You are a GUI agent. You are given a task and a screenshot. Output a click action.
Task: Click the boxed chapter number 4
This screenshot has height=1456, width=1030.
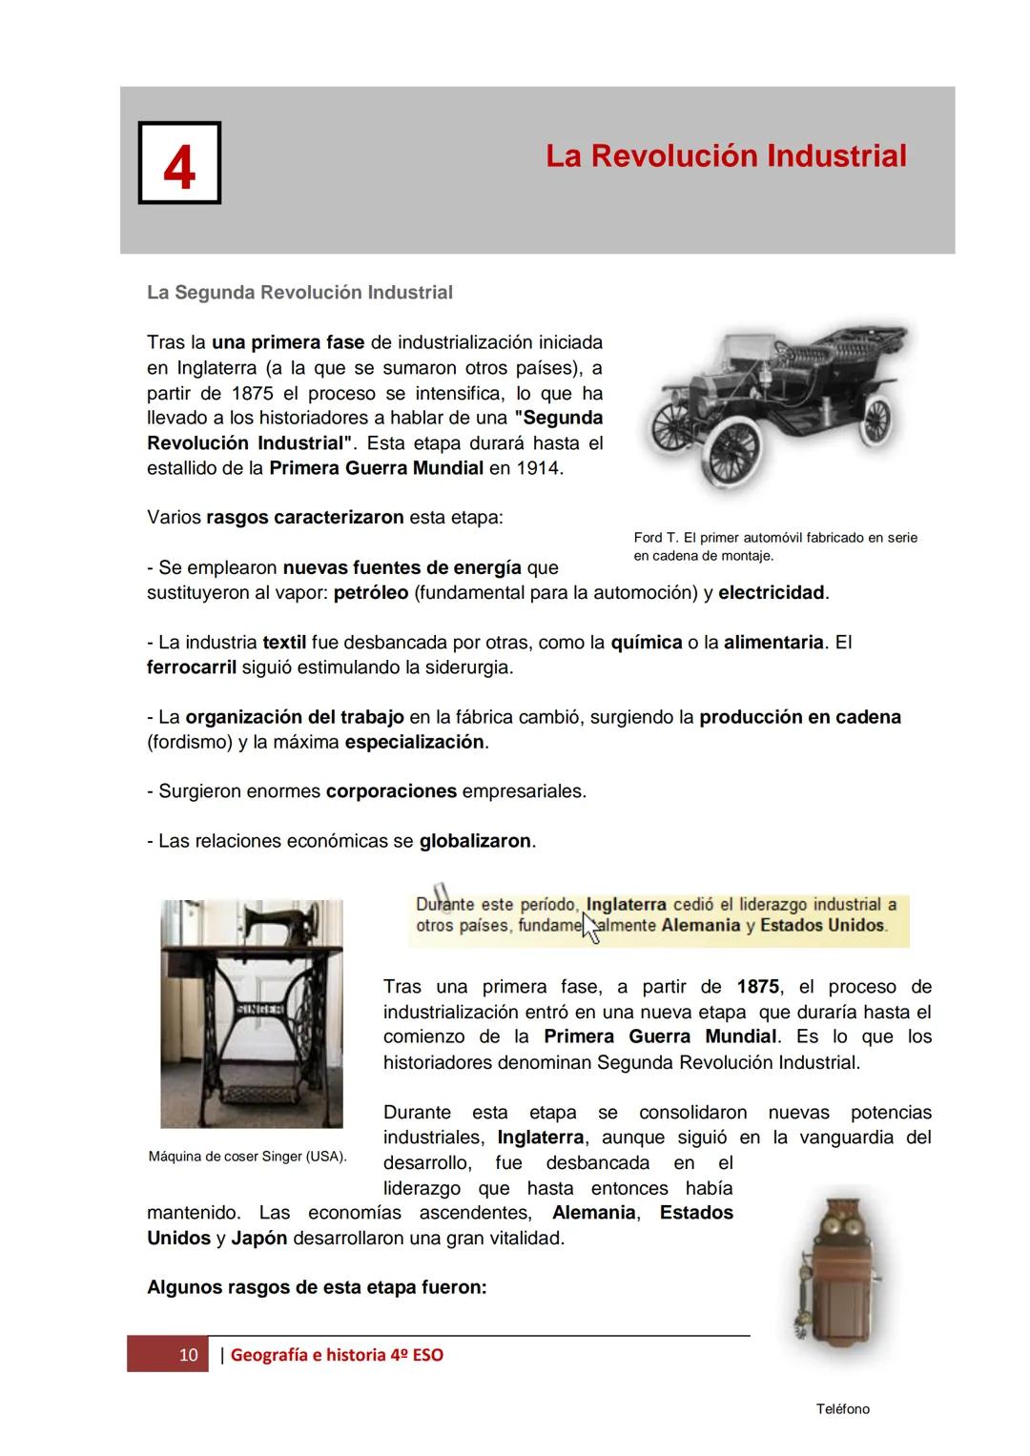(x=179, y=163)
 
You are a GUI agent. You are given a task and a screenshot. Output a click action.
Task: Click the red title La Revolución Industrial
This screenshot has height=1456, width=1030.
(x=726, y=155)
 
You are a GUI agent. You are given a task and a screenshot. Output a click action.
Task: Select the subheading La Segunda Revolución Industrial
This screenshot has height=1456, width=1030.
(x=299, y=293)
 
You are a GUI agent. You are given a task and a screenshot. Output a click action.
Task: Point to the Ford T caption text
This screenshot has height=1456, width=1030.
(x=774, y=546)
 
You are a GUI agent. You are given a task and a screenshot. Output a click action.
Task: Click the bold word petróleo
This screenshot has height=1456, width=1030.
(x=371, y=593)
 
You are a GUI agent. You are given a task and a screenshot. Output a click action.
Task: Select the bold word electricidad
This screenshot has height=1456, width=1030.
(x=772, y=593)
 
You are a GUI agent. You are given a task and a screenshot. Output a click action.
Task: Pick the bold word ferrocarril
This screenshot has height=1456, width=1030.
(x=191, y=667)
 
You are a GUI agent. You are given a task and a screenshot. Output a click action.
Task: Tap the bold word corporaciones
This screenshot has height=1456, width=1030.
(x=391, y=791)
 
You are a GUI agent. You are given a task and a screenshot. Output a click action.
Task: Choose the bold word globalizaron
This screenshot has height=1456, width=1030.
(x=475, y=841)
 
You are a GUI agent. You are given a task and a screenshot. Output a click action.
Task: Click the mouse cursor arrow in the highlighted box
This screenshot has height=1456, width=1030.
(x=589, y=927)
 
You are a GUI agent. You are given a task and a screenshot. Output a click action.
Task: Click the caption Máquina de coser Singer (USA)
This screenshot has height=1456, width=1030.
(x=247, y=1157)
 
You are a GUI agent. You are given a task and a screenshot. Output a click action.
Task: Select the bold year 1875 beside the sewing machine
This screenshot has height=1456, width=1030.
(x=757, y=987)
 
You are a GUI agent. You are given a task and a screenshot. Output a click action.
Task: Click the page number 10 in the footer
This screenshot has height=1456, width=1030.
(x=188, y=1355)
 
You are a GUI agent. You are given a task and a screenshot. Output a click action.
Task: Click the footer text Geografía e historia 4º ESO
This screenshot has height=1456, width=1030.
(x=337, y=1355)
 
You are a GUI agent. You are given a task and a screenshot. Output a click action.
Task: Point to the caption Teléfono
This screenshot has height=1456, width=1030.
(x=842, y=1409)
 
